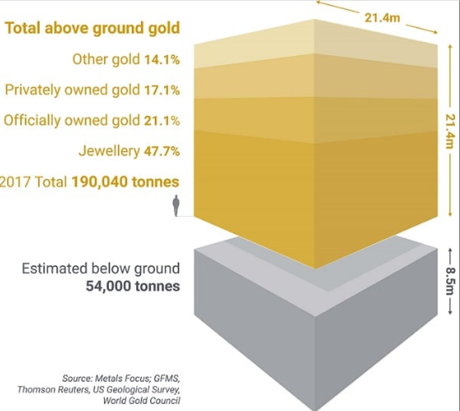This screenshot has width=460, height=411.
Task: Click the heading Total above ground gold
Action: pos(93,28)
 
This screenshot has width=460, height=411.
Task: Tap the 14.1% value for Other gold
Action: pos(162,59)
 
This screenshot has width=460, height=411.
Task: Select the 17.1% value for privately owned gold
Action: pos(162,91)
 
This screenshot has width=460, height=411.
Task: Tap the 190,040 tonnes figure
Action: pos(125,182)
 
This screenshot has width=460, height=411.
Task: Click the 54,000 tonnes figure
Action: pos(133,286)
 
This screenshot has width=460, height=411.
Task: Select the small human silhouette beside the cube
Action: pos(176,205)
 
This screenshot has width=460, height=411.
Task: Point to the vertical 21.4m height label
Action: pos(449,131)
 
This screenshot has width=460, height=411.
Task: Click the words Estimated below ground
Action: pos(101,269)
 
